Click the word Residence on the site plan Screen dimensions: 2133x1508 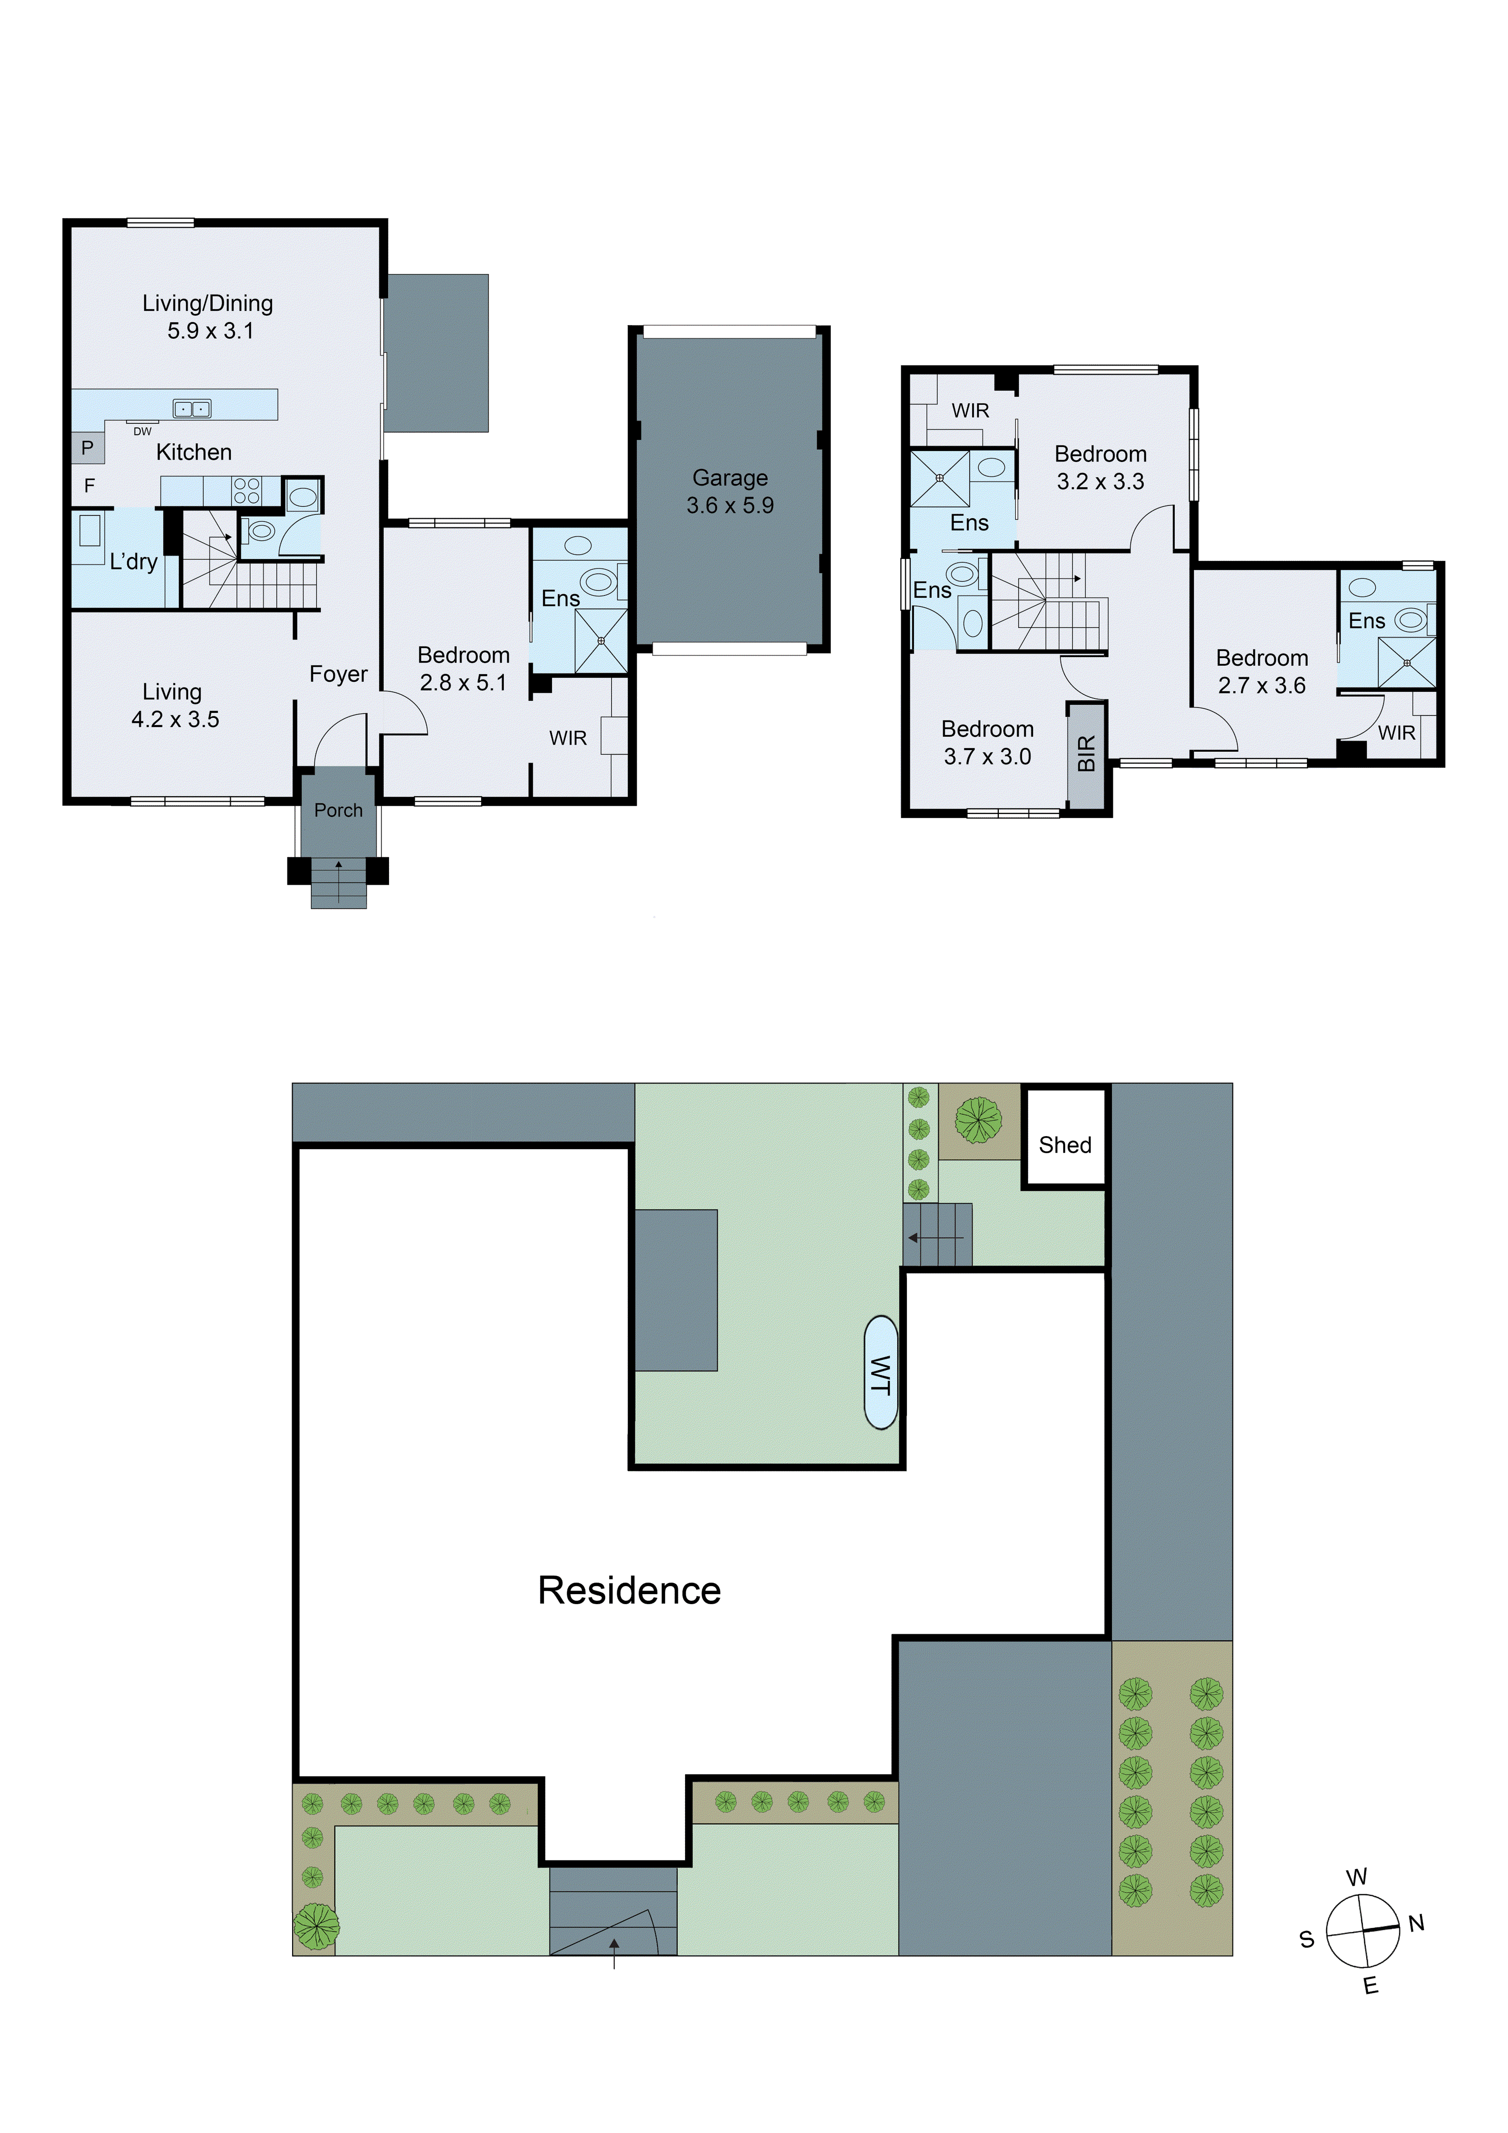click(x=629, y=1591)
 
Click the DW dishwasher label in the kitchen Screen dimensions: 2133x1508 click(x=142, y=432)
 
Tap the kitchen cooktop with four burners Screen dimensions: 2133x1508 click(x=246, y=491)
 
